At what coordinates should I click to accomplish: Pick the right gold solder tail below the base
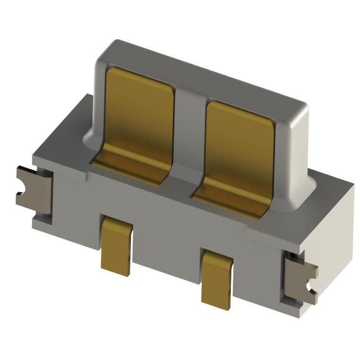pyautogui.click(x=217, y=277)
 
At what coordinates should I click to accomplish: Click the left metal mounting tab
pyautogui.click(x=33, y=186)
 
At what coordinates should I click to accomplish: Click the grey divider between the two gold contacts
pyautogui.click(x=189, y=129)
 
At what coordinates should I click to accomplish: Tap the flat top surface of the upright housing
pyautogui.click(x=201, y=69)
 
